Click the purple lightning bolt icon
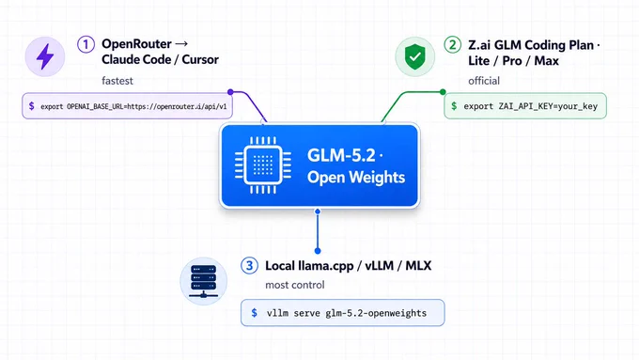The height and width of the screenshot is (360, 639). click(45, 56)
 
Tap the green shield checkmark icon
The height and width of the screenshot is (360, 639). click(414, 56)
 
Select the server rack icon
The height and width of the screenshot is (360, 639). click(203, 281)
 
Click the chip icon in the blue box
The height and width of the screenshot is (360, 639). click(263, 165)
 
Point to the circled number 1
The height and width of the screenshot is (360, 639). click(86, 44)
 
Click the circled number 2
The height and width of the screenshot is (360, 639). click(452, 45)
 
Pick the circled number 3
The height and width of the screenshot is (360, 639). click(249, 266)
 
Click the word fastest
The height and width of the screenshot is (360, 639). click(117, 81)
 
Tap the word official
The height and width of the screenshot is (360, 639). click(484, 81)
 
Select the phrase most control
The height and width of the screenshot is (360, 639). click(295, 285)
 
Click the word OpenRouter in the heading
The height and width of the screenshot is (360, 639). click(136, 43)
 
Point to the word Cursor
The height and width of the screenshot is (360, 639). click(200, 59)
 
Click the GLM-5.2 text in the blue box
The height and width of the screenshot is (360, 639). click(341, 155)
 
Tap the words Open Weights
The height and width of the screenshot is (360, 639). click(356, 177)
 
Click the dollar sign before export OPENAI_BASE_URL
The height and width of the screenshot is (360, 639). click(31, 106)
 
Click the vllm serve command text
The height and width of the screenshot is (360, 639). click(347, 313)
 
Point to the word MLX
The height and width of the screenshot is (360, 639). click(418, 266)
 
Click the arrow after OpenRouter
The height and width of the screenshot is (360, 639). click(181, 43)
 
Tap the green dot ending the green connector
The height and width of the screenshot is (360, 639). click(443, 92)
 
